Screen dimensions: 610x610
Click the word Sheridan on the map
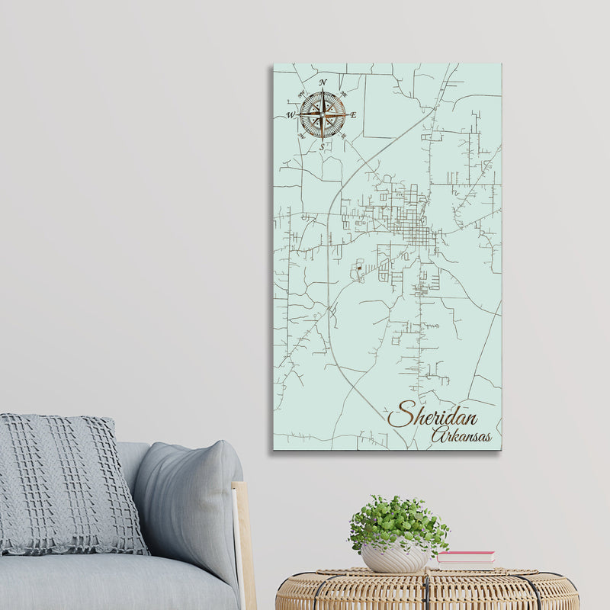click(x=433, y=416)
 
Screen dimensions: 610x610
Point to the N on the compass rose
click(x=323, y=82)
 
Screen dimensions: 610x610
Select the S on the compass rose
click(x=322, y=146)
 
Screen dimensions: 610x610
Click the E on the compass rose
click(x=353, y=115)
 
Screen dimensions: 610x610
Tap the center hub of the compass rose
click(x=322, y=115)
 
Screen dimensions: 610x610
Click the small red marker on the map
click(x=357, y=268)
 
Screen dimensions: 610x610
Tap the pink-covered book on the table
click(x=465, y=557)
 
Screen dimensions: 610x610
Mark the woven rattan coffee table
click(x=427, y=591)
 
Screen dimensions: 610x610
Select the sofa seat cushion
click(x=114, y=583)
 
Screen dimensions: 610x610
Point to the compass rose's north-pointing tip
click(x=322, y=90)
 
